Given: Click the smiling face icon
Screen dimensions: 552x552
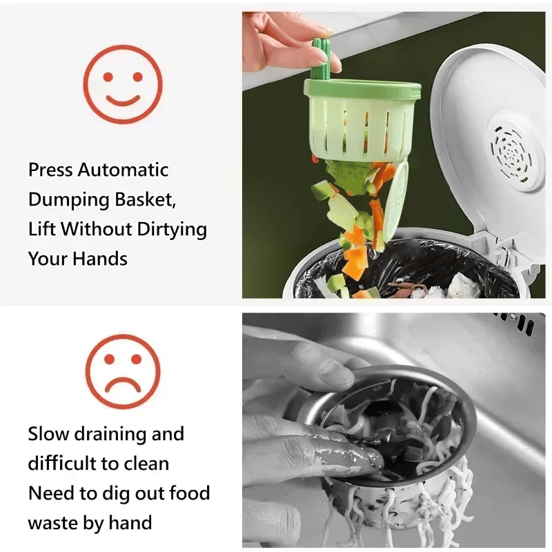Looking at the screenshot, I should tap(122, 83).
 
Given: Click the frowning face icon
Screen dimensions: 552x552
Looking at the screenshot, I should tap(122, 371).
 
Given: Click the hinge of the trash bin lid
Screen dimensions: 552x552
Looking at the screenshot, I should tap(507, 252).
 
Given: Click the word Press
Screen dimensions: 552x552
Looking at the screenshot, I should tap(51, 170).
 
